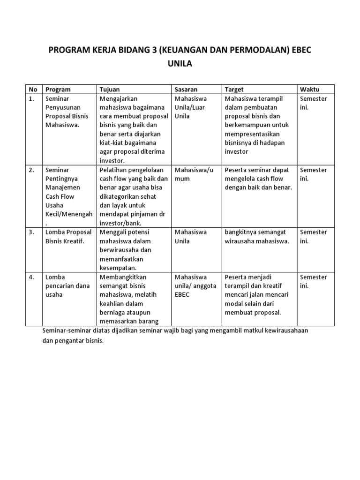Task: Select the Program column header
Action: (x=58, y=90)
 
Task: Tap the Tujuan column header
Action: (x=110, y=90)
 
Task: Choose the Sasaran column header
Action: (x=186, y=90)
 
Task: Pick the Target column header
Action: (x=234, y=90)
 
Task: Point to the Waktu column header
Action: (x=310, y=90)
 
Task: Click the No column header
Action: (x=33, y=90)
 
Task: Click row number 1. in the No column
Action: (x=31, y=99)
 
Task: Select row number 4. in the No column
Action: (x=31, y=277)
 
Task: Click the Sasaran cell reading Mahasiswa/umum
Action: (x=194, y=174)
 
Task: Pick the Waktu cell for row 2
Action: (x=313, y=174)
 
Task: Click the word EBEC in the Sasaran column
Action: (x=182, y=295)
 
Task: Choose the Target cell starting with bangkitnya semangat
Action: (x=257, y=237)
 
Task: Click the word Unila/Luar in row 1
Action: (x=190, y=107)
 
